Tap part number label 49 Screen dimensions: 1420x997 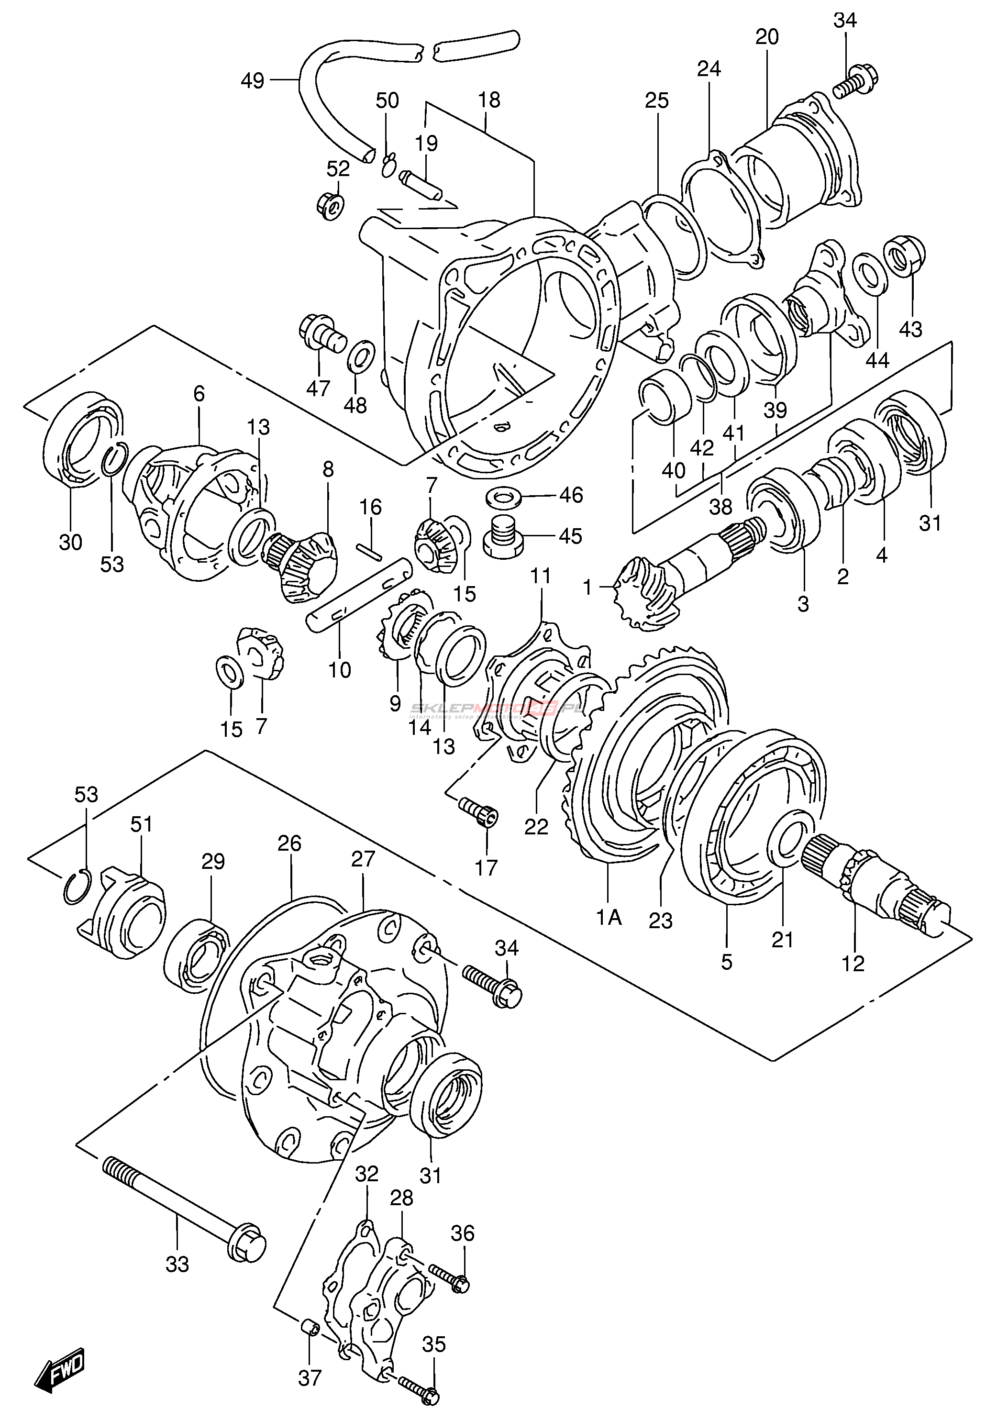pos(252,80)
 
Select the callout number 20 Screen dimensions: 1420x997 pos(767,37)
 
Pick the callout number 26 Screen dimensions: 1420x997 pos(289,843)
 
